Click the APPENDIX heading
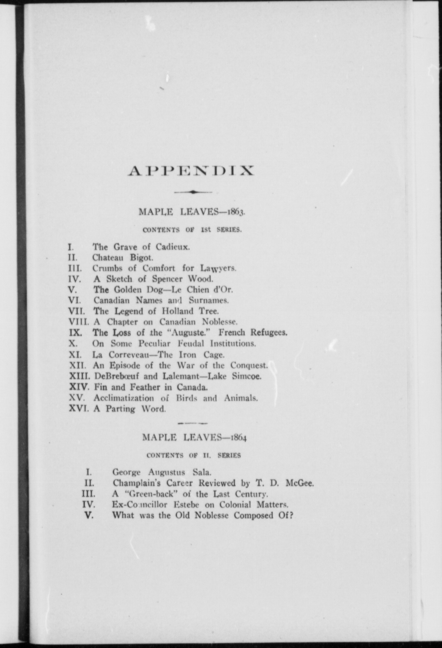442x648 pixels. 190,171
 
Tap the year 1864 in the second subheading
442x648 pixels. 237,437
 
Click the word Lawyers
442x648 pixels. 218,268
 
